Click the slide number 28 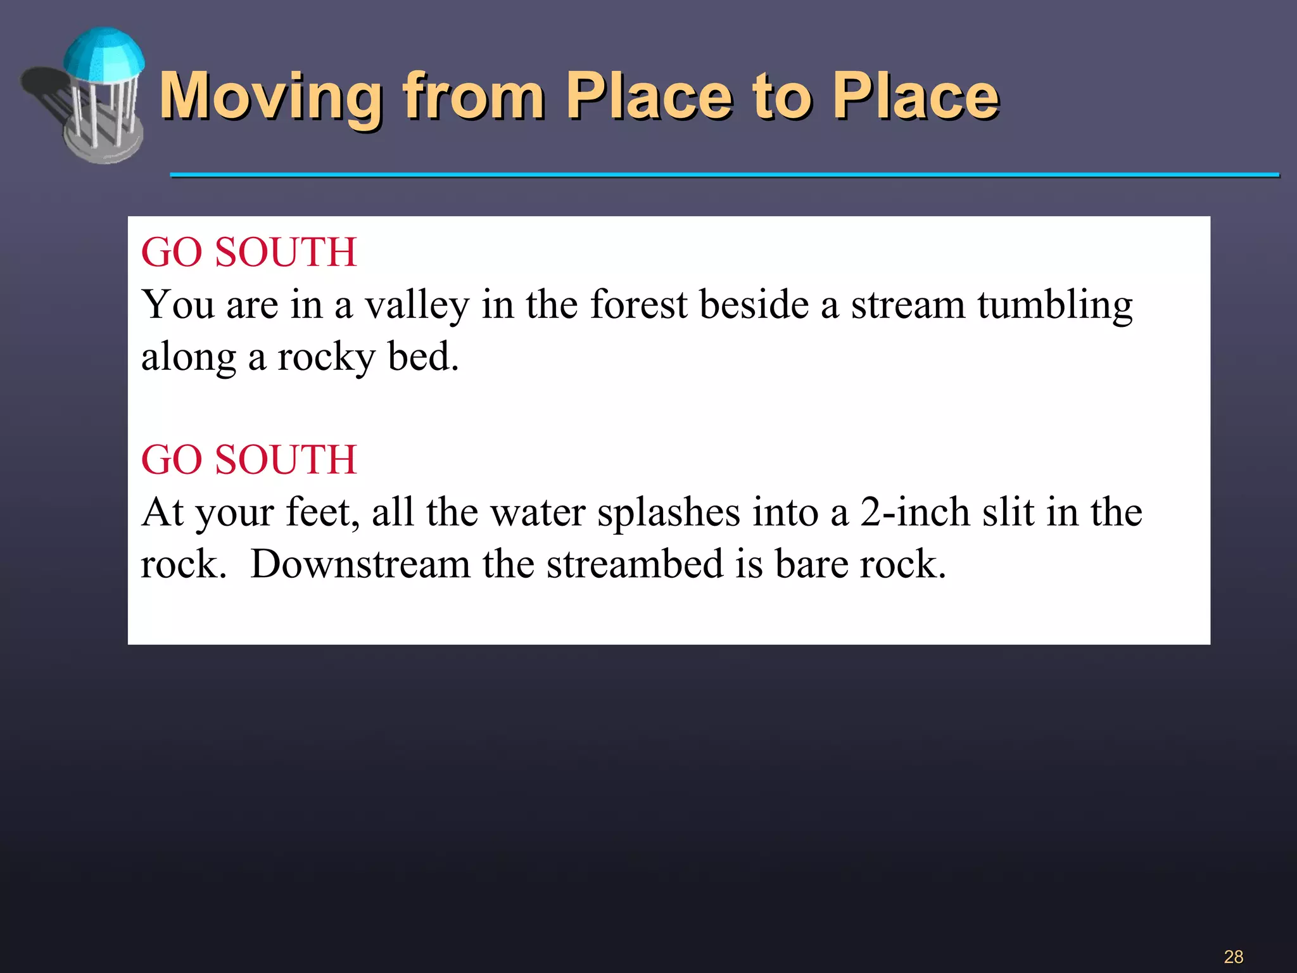1233,957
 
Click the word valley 417,305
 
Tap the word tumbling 1054,305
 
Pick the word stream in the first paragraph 908,305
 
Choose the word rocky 326,357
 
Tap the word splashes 669,513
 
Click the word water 538,513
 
